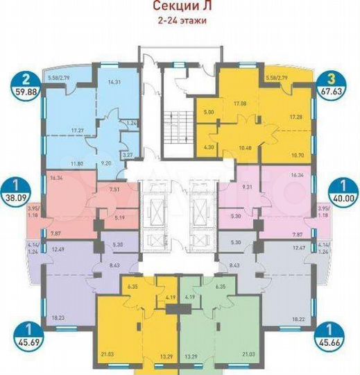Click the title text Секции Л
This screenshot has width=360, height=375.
coord(180,8)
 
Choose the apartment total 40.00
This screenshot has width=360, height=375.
coord(341,197)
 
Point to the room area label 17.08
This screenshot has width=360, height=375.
coord(241,103)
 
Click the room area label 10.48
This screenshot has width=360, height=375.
coord(245,147)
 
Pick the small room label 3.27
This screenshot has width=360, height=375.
coord(127,156)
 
